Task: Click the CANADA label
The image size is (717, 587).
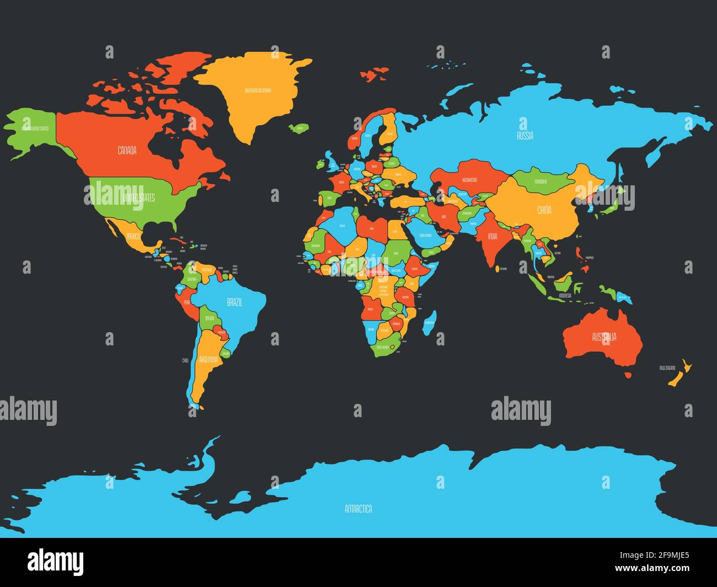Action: [x=127, y=150]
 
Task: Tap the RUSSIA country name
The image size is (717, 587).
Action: [x=525, y=136]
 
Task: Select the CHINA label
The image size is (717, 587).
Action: [x=544, y=210]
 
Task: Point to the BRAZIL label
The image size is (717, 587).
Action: [x=234, y=302]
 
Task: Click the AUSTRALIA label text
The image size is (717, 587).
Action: [x=604, y=337]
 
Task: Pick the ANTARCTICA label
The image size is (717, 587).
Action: [x=358, y=509]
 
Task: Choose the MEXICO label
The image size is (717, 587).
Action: [x=133, y=237]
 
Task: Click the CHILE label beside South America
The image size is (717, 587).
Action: [x=185, y=360]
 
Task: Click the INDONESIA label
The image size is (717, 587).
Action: [x=565, y=296]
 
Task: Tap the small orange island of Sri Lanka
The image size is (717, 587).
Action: [x=496, y=269]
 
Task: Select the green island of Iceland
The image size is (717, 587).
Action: [x=298, y=129]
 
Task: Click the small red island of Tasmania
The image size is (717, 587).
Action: [x=628, y=376]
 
